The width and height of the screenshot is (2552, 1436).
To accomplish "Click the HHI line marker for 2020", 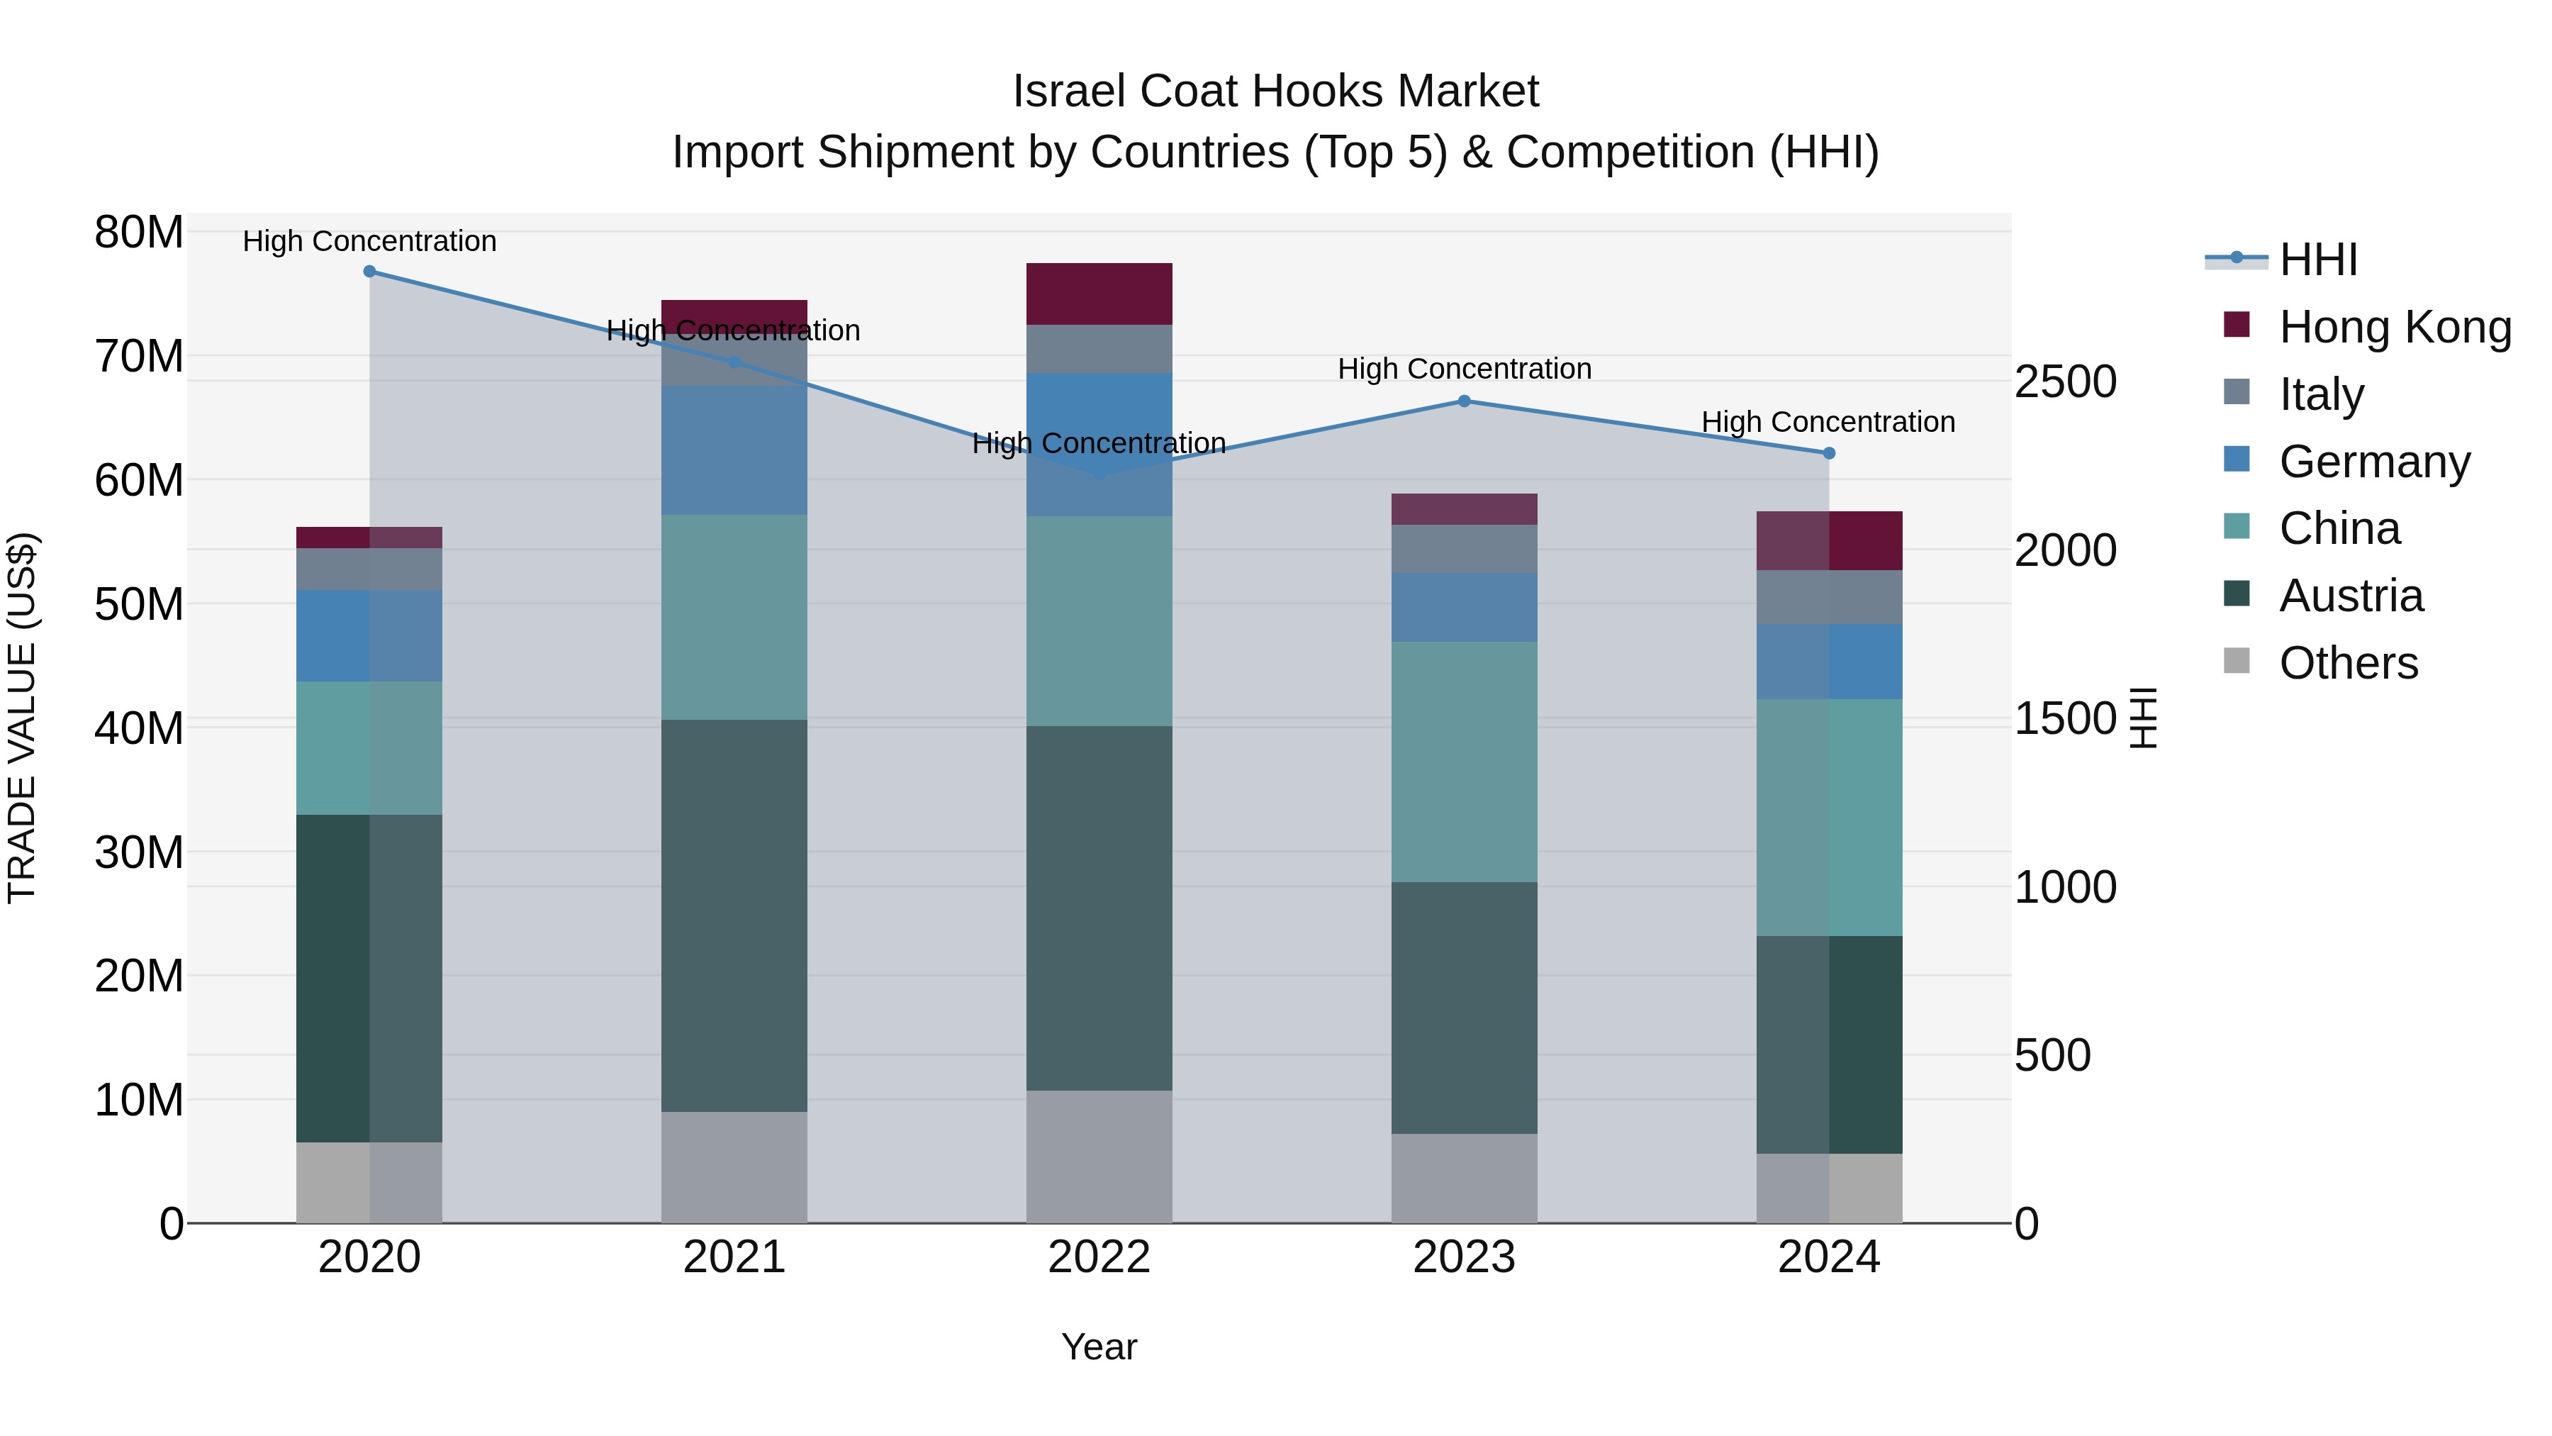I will pyautogui.click(x=369, y=271).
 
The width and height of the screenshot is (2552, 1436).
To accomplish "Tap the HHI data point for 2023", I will pyautogui.click(x=1465, y=401).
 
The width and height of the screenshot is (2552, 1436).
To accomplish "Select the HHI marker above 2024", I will pyautogui.click(x=1829, y=453).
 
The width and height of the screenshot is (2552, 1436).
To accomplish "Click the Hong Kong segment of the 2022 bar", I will pyautogui.click(x=1099, y=294).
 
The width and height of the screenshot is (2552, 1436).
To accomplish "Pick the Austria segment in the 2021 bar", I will pyautogui.click(x=734, y=915).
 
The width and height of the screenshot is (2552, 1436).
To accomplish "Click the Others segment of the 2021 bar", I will pyautogui.click(x=734, y=1167).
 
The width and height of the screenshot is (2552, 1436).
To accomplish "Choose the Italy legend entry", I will pyautogui.click(x=2321, y=394).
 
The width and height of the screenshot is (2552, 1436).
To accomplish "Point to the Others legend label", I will pyautogui.click(x=2348, y=663).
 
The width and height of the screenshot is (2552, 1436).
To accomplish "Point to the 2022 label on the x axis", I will pyautogui.click(x=1099, y=1257).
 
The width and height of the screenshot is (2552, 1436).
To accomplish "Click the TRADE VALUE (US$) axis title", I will pyautogui.click(x=22, y=718).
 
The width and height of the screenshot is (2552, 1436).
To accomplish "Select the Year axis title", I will pyautogui.click(x=1099, y=1347).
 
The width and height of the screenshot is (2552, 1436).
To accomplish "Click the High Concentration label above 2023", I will pyautogui.click(x=1465, y=369).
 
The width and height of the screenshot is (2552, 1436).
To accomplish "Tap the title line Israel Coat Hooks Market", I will pyautogui.click(x=1275, y=91).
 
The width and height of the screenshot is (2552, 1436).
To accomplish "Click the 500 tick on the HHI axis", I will pyautogui.click(x=2052, y=1055).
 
